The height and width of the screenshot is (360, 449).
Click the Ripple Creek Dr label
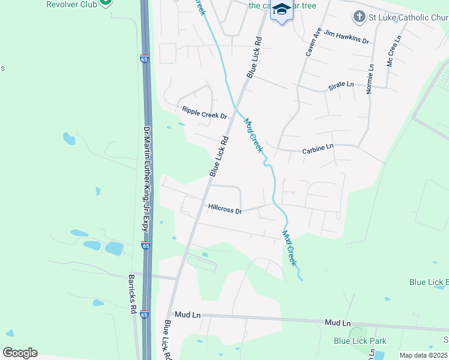[205, 113]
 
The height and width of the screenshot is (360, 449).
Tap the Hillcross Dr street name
[224, 210]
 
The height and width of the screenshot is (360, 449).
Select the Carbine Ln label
[318, 148]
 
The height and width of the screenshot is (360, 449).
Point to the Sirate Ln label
[341, 86]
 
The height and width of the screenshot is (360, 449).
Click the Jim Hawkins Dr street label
[346, 37]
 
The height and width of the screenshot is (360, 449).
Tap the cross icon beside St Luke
[358, 17]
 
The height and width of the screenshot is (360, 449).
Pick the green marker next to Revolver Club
[106, 2]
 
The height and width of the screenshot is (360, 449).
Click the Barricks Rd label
[131, 294]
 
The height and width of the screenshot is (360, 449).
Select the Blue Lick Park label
[360, 341]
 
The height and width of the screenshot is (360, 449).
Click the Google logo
[20, 353]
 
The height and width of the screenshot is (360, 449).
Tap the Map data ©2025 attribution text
[424, 355]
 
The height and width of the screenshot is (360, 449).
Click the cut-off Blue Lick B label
[429, 282]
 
